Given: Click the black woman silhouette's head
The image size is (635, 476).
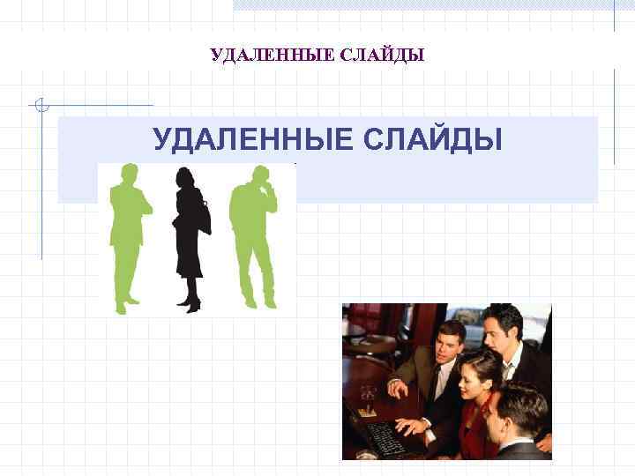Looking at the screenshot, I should click(185, 178).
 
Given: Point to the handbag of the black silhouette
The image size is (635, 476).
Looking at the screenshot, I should click(205, 218).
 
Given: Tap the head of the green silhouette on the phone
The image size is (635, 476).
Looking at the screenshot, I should click(258, 175).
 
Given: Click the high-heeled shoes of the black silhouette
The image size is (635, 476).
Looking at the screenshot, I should click(190, 304).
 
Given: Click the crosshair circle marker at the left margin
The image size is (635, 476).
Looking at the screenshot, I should click(41, 106).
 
